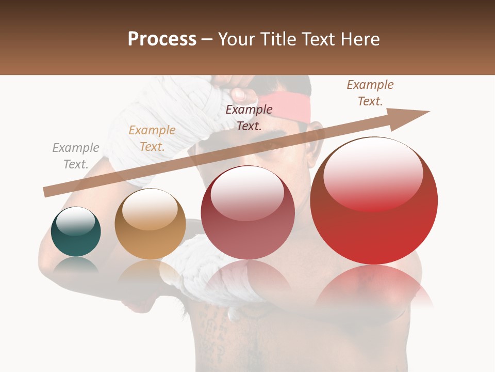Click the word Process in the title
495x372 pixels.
[162, 39]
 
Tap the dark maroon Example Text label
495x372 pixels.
[249, 117]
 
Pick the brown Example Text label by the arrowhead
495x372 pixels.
[370, 93]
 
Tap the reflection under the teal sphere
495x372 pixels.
[76, 265]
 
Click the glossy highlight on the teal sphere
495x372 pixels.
[75, 221]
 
